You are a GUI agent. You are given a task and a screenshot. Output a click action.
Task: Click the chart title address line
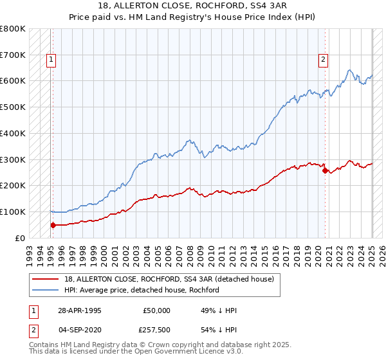[192, 6]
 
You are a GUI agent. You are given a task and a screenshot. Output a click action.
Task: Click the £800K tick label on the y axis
[13, 29]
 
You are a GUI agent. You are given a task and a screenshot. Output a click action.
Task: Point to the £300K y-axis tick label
[13, 159]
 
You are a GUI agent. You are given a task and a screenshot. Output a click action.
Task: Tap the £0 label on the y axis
[20, 238]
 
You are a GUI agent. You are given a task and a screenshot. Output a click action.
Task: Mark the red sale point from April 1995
[53, 225]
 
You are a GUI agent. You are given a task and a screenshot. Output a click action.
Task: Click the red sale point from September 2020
[325, 170]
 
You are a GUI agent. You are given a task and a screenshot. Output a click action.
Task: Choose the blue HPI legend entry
[142, 290]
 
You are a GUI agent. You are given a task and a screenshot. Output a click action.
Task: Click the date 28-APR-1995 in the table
[79, 310]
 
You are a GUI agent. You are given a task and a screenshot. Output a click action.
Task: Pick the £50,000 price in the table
[156, 310]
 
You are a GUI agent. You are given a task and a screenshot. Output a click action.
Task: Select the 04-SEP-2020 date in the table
[79, 330]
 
